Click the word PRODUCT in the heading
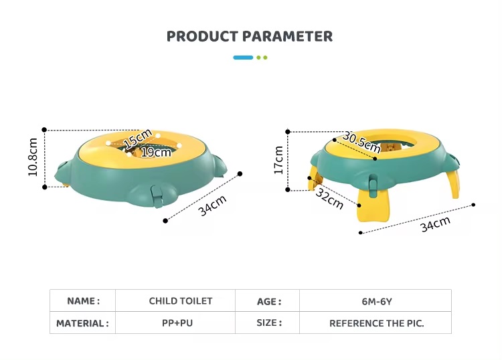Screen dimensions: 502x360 (202, 37)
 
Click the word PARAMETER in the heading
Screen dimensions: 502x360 (287, 37)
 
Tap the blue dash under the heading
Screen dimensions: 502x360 (243, 58)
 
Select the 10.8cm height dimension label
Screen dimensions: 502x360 (33, 157)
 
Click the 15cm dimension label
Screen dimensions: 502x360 (138, 139)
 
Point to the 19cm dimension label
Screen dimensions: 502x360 (156, 153)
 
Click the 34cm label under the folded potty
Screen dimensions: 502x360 (212, 205)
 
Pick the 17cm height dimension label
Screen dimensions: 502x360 (278, 160)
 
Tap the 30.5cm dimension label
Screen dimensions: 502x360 (361, 142)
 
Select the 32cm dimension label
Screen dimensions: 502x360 (330, 198)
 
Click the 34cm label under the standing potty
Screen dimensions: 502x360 (436, 223)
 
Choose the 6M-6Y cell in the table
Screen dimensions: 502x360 (377, 301)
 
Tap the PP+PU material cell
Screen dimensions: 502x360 (177, 323)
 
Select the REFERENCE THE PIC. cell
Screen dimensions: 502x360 (376, 323)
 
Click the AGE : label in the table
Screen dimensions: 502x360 (269, 301)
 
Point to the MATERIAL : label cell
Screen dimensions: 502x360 (82, 323)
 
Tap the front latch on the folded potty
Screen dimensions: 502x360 (157, 196)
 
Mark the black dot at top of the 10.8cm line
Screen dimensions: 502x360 (44, 130)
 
